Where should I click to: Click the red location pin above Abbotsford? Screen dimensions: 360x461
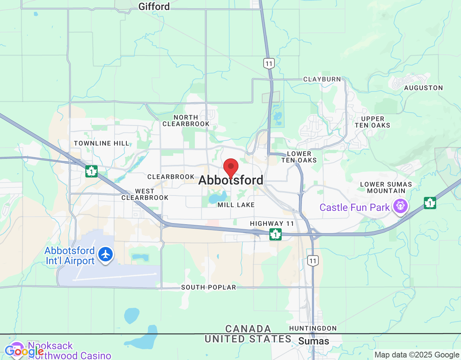[231, 167]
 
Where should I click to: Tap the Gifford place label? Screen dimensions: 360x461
[154, 6]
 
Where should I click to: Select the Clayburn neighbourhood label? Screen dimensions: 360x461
[322, 79]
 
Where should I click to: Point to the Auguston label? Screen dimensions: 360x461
[423, 88]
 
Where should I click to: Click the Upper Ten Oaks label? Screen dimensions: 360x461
[372, 122]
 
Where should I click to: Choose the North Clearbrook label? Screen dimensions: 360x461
[186, 121]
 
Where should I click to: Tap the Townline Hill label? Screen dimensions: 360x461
[102, 143]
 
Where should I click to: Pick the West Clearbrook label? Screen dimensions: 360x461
[145, 194]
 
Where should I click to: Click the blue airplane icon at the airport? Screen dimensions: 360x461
[106, 255]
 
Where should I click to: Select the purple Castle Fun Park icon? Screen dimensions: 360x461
[400, 206]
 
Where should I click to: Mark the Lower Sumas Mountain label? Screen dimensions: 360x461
[386, 188]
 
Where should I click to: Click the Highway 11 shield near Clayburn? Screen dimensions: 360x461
[269, 64]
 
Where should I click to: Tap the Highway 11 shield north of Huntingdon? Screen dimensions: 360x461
[313, 261]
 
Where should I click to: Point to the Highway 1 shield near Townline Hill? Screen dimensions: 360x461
[91, 171]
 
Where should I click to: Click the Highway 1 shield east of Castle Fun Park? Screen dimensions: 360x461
[430, 203]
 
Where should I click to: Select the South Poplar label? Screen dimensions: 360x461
[209, 287]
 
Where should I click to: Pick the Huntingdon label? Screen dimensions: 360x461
[313, 328]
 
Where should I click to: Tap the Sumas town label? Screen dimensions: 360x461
[313, 341]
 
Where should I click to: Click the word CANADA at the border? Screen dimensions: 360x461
[248, 329]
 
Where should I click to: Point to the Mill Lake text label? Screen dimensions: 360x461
[236, 205]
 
